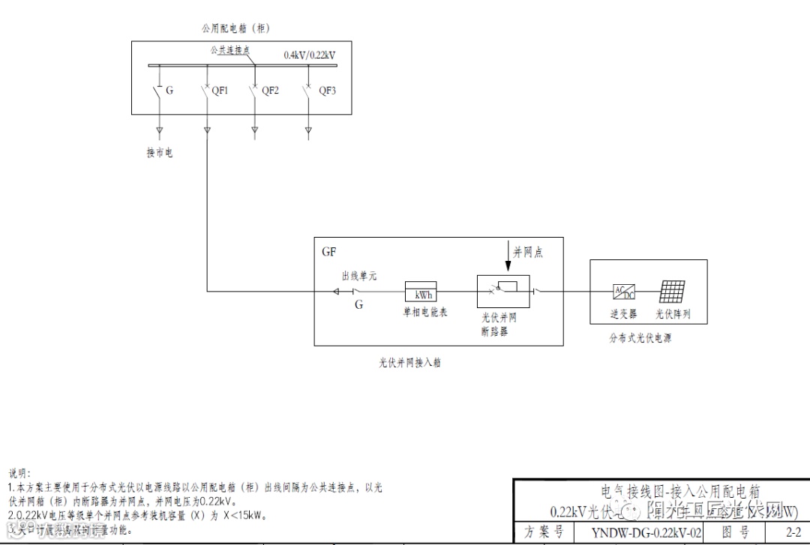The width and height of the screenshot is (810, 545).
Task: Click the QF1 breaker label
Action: pos(220,91)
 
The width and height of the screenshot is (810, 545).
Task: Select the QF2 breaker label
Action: pos(270,91)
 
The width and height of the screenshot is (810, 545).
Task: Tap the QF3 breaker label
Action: pos(328,91)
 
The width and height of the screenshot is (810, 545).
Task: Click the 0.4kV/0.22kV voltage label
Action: pos(309,55)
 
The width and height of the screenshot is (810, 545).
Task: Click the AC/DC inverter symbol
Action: pos(623,292)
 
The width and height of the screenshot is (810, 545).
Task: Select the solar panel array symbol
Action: pos(672,292)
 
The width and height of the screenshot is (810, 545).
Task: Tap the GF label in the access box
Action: pos(328,252)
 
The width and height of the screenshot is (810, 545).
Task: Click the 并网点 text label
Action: pos(528,253)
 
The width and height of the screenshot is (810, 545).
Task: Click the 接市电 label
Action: pos(160,153)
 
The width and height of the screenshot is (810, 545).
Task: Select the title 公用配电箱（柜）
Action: pos(235,28)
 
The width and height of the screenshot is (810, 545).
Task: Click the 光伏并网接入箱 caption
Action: pos(409,363)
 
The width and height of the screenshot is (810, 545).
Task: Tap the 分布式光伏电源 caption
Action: pos(640,338)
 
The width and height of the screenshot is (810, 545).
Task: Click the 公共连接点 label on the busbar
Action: pos(230,49)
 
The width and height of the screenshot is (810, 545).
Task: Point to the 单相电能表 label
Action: pos(425,313)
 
